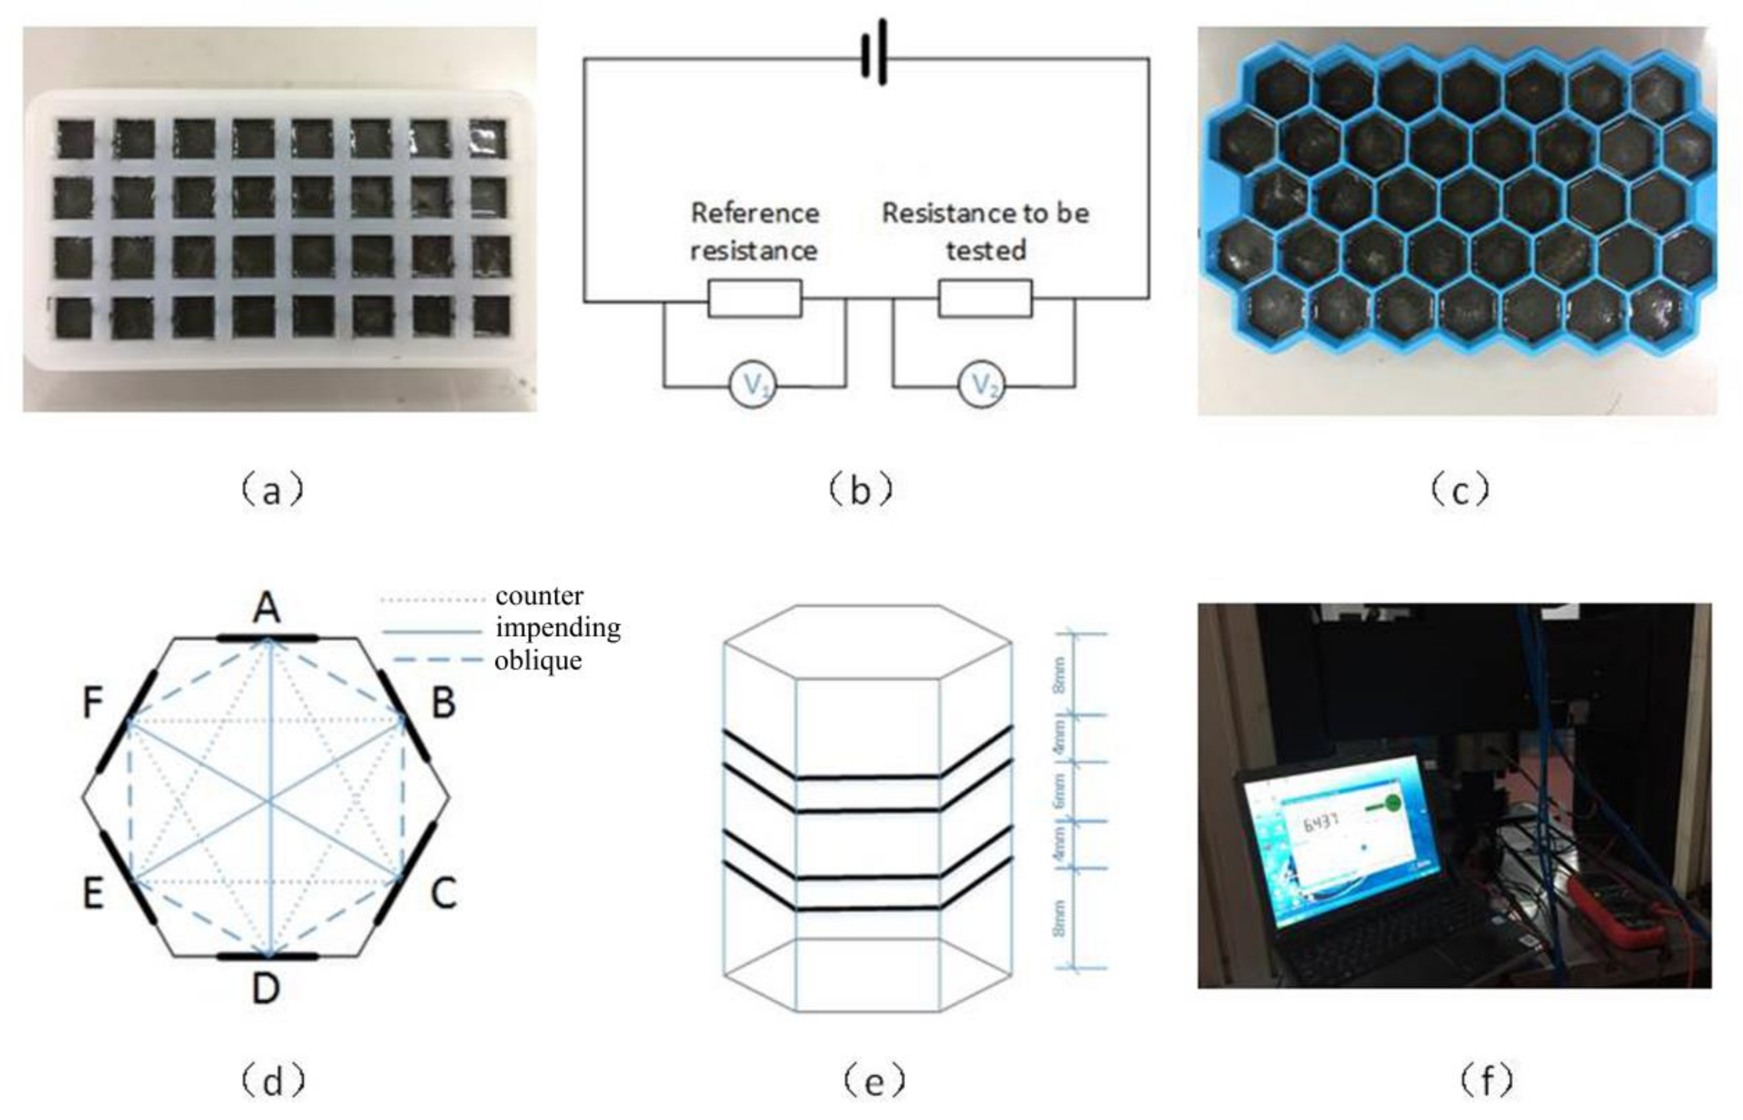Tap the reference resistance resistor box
(755, 298)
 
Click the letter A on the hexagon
(266, 608)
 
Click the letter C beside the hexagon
(443, 893)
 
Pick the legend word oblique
(538, 660)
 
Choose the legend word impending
(558, 627)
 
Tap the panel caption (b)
(860, 492)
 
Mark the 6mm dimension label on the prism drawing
(1059, 791)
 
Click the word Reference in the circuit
(755, 213)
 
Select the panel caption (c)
(1459, 492)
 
